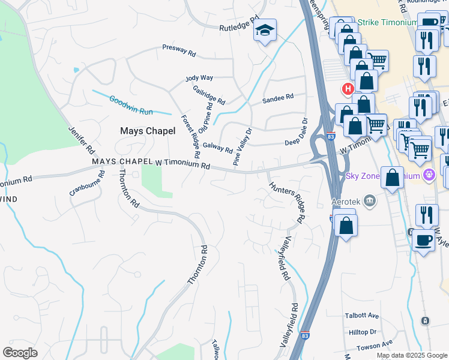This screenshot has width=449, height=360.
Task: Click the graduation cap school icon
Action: pos(264,31)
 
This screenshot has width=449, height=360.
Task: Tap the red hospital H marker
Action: pos(347,89)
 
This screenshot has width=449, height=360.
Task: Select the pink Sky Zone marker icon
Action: pos(429,176)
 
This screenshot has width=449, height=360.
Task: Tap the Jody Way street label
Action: pos(199,78)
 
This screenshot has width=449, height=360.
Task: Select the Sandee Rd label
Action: pos(278,97)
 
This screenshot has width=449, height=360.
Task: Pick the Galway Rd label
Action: pos(217,146)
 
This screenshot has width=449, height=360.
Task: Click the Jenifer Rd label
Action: pos(82,139)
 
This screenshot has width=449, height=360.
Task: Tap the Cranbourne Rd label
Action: pos(87,183)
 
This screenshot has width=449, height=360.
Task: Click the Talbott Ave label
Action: pos(361,316)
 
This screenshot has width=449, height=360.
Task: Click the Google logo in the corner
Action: pos(20,352)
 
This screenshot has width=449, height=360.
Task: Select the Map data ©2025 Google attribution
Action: pos(412,355)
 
